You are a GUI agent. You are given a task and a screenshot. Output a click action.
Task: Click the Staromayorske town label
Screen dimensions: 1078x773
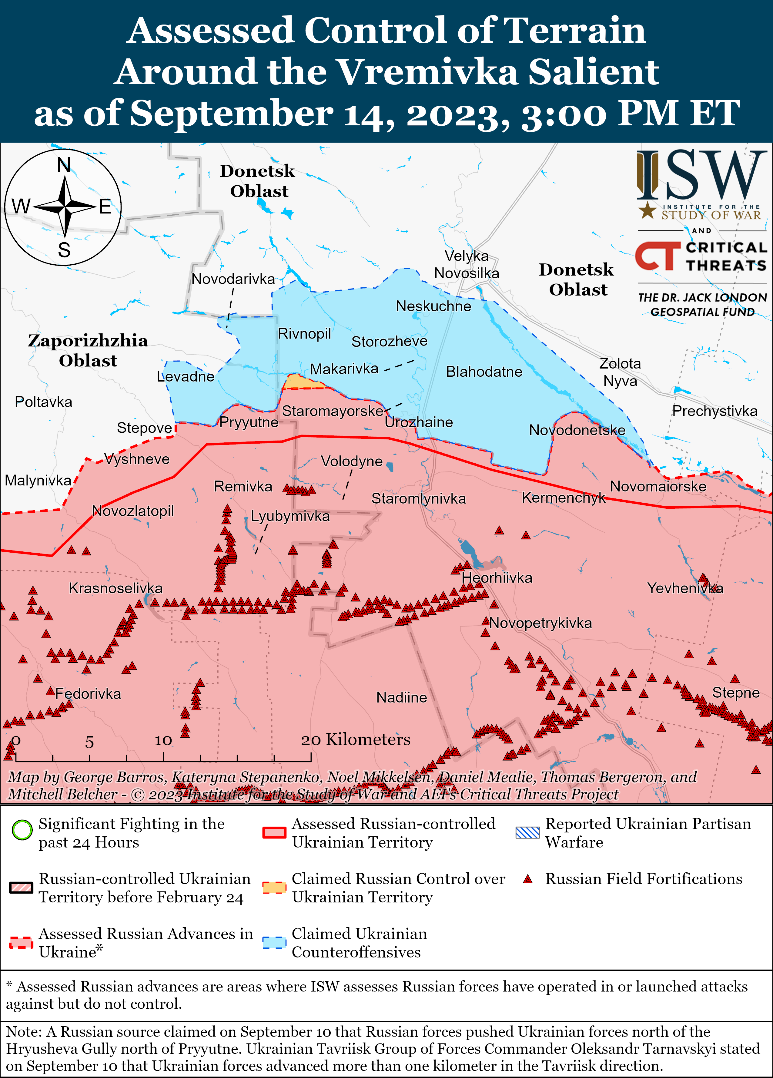pyautogui.click(x=333, y=411)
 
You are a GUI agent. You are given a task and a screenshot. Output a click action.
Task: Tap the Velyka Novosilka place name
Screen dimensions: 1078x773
pyautogui.click(x=467, y=265)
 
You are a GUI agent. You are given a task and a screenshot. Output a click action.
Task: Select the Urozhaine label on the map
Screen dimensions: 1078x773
pyautogui.click(x=419, y=422)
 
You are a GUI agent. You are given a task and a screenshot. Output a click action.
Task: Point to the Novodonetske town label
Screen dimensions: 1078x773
pyautogui.click(x=577, y=430)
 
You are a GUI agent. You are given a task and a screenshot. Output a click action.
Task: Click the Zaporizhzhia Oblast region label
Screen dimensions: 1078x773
pyautogui.click(x=88, y=350)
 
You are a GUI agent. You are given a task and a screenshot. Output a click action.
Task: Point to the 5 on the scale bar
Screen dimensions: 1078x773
pyautogui.click(x=89, y=742)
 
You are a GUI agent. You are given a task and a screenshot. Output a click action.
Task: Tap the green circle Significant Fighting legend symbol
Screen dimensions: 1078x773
pyautogui.click(x=22, y=830)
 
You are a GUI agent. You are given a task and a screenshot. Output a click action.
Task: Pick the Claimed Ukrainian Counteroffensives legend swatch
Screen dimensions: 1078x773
pyautogui.click(x=274, y=943)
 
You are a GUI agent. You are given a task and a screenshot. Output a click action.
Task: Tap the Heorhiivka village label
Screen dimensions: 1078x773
pyautogui.click(x=497, y=578)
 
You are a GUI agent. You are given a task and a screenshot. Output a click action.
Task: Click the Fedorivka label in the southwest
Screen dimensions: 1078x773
pyautogui.click(x=88, y=694)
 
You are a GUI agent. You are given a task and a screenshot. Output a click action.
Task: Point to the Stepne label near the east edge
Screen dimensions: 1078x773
pyautogui.click(x=735, y=693)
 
